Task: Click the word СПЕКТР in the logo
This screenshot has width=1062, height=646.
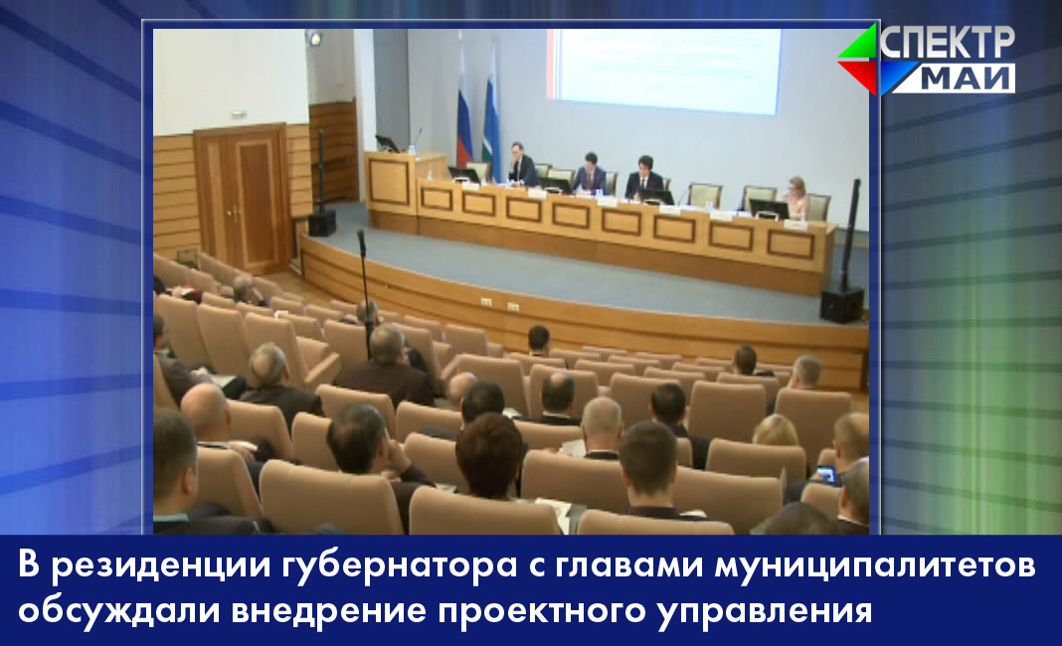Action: pos(948,43)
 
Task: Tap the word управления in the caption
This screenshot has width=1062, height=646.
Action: pos(765,611)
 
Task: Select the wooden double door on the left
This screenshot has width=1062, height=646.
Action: pos(243,199)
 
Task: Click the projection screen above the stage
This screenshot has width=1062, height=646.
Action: pos(664,71)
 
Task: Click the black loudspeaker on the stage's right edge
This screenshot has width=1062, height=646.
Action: pos(842,305)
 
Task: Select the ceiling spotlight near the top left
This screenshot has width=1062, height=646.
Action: pos(313,37)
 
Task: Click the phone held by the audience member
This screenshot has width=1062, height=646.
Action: pos(826,475)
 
